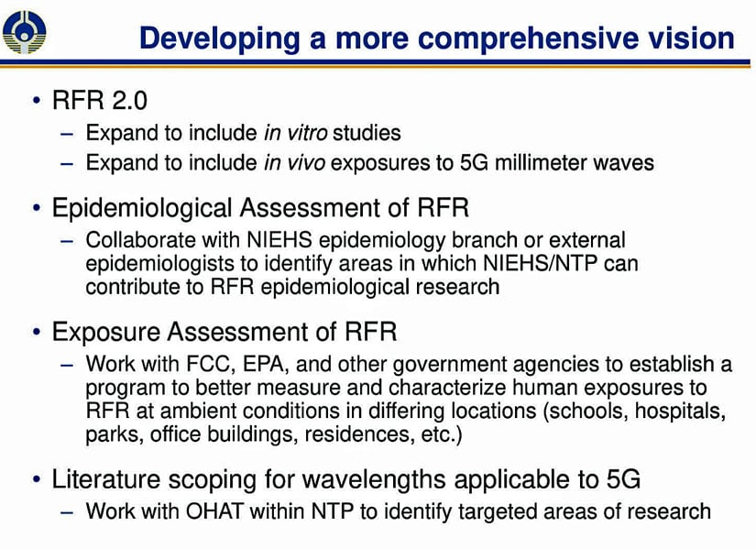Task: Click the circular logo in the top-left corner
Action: click(x=24, y=32)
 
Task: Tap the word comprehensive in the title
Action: click(x=529, y=38)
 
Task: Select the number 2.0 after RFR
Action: click(x=129, y=100)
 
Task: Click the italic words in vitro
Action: click(x=296, y=133)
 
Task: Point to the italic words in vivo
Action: click(x=294, y=162)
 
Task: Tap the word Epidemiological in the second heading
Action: click(x=142, y=208)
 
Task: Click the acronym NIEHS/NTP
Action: click(x=541, y=263)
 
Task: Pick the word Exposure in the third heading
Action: click(x=106, y=333)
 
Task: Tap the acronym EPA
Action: click(x=266, y=364)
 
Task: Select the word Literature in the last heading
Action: click(x=106, y=479)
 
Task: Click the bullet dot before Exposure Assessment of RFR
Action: click(x=38, y=332)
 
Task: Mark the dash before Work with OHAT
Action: click(x=68, y=511)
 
